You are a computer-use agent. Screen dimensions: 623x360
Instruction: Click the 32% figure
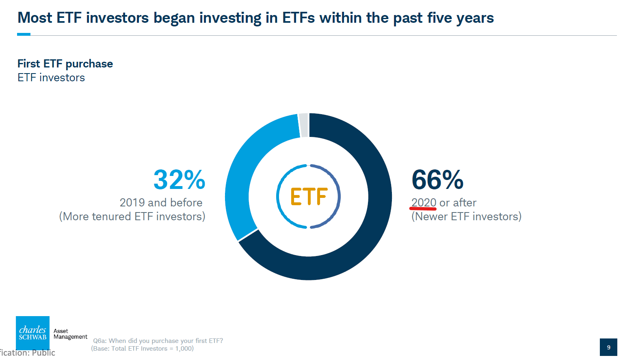coord(180,180)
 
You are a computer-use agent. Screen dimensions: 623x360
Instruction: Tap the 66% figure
coord(437,180)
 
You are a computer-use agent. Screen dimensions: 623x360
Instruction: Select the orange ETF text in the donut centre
coord(309,196)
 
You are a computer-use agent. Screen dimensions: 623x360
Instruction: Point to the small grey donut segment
coord(304,125)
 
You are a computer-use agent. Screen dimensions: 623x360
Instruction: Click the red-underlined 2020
coord(424,202)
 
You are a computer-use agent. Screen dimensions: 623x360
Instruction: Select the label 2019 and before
coord(161,202)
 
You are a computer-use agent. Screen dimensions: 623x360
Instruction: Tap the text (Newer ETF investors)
coord(466,217)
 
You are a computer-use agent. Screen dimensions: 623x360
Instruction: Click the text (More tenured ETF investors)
coord(132,217)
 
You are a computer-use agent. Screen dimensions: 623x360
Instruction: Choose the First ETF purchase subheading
coord(65,64)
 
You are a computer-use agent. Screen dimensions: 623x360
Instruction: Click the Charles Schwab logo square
coord(32,333)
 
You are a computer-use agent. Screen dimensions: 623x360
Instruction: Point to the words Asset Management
coord(70,334)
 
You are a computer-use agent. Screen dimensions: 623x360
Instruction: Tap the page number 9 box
coord(608,347)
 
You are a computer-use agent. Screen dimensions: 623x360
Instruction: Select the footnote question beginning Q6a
coord(158,341)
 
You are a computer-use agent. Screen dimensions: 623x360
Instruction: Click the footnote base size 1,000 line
coord(142,349)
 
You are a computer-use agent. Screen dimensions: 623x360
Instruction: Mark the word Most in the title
coord(35,18)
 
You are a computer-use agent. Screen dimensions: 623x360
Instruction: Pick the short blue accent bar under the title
coord(24,35)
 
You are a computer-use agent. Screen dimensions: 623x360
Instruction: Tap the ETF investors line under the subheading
coord(51,78)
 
